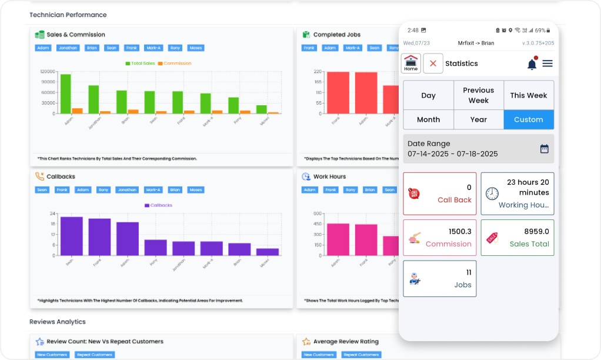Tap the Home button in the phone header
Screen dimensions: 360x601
click(x=411, y=63)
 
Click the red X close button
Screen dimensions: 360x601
click(x=433, y=63)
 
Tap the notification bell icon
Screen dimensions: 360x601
click(x=532, y=64)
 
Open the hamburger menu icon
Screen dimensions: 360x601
click(x=547, y=64)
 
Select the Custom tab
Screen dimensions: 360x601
click(x=529, y=119)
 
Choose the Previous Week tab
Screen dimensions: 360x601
click(x=478, y=95)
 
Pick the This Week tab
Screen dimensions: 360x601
click(x=529, y=95)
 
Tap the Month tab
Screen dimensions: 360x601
click(x=428, y=119)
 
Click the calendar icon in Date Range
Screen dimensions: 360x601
click(x=544, y=149)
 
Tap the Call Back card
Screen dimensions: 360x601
click(x=440, y=194)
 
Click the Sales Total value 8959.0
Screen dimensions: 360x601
click(x=536, y=232)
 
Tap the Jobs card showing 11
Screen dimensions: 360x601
click(x=440, y=278)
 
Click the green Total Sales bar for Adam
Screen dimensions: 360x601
click(x=65, y=94)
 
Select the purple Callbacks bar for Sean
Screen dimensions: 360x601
click(x=71, y=236)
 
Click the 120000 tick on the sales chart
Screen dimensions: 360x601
click(x=48, y=72)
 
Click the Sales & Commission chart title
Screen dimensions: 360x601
click(x=76, y=35)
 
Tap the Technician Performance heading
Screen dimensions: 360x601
click(x=68, y=15)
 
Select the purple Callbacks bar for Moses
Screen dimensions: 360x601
click(x=268, y=252)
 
